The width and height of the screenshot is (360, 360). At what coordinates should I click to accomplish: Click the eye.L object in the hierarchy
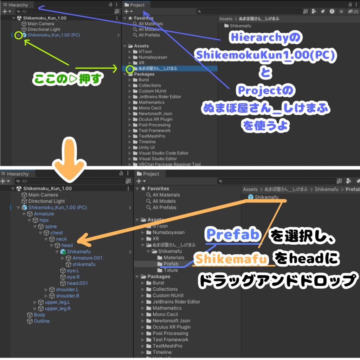pos(73,271)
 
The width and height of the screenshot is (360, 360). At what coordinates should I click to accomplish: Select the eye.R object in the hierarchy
pos(73,277)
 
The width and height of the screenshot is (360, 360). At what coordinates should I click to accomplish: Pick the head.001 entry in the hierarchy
pos(77,283)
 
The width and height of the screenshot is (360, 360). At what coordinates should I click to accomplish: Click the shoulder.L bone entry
pos(67,290)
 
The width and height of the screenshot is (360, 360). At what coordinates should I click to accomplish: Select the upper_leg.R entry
pos(58,309)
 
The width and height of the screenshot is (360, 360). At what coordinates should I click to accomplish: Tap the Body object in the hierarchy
pos(39,315)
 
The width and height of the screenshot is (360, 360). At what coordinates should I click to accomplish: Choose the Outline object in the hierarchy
pos(41,321)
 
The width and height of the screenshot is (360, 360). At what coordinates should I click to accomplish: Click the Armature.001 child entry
pos(87,258)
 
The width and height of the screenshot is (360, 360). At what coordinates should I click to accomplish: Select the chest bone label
pos(57,233)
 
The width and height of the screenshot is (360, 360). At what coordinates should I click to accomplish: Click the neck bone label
pos(61,239)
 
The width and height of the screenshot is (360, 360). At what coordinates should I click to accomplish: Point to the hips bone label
pos(44,220)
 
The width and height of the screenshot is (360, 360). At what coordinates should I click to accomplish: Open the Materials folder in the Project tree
pos(174,258)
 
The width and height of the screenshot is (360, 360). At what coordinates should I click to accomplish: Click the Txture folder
pos(171,270)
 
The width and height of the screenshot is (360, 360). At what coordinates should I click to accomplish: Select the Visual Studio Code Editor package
pos(163,153)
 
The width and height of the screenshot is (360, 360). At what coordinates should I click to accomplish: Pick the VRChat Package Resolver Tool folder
pos(169,164)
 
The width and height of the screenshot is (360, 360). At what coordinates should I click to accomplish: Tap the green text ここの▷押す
pos(67,79)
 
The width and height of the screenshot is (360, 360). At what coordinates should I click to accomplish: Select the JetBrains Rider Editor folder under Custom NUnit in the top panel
pos(160,97)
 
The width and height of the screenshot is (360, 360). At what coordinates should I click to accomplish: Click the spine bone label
pos(51,226)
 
